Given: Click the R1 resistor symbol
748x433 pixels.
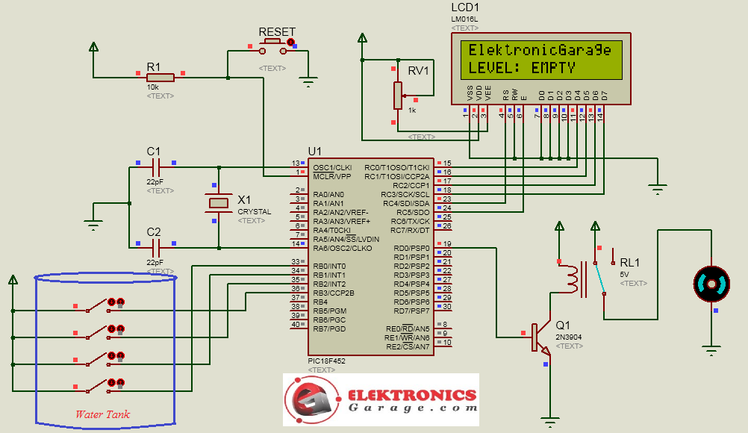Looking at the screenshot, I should coord(160,77).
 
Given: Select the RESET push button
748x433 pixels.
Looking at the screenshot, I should coord(274,49).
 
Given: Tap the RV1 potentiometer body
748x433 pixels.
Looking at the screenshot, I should coord(398,95).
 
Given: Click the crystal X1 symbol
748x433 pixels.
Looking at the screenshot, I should coord(219,202).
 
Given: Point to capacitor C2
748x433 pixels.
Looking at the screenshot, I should coord(155,244).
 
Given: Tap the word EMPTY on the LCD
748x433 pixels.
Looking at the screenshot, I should coord(553,68).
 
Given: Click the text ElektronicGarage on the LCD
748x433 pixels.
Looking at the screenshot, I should coord(540,50).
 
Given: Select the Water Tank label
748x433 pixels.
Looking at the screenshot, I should coord(102,414).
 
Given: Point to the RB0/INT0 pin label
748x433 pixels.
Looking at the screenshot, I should coord(329,267).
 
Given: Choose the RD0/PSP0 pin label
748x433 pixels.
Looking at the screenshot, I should coord(411,248).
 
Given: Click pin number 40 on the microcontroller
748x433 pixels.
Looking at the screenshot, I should coord(296,325).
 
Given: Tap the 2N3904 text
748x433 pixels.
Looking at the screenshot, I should coord(570,337).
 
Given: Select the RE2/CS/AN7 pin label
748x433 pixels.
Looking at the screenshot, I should coord(408,346).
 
